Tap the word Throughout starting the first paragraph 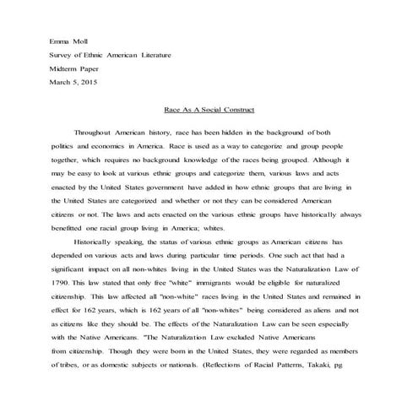[97, 133]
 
